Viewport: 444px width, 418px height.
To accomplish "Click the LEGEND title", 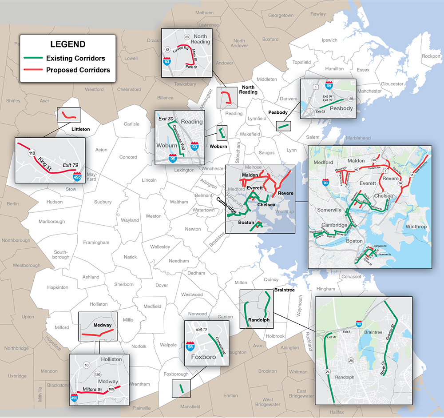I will point(67,44).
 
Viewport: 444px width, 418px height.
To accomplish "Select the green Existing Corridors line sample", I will point(33,58).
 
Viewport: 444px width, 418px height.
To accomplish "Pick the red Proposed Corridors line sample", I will point(33,70).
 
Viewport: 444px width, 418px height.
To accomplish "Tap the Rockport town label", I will point(431,56).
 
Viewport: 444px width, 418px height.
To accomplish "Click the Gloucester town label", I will point(392,84).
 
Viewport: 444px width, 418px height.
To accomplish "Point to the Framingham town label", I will point(96,243).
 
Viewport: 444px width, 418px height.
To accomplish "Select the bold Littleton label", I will point(80,129).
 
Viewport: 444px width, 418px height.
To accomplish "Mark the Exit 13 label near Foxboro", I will point(202,329).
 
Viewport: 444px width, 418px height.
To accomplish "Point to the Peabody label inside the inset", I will point(341,108).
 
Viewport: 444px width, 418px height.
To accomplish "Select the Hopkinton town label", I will point(58,287).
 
